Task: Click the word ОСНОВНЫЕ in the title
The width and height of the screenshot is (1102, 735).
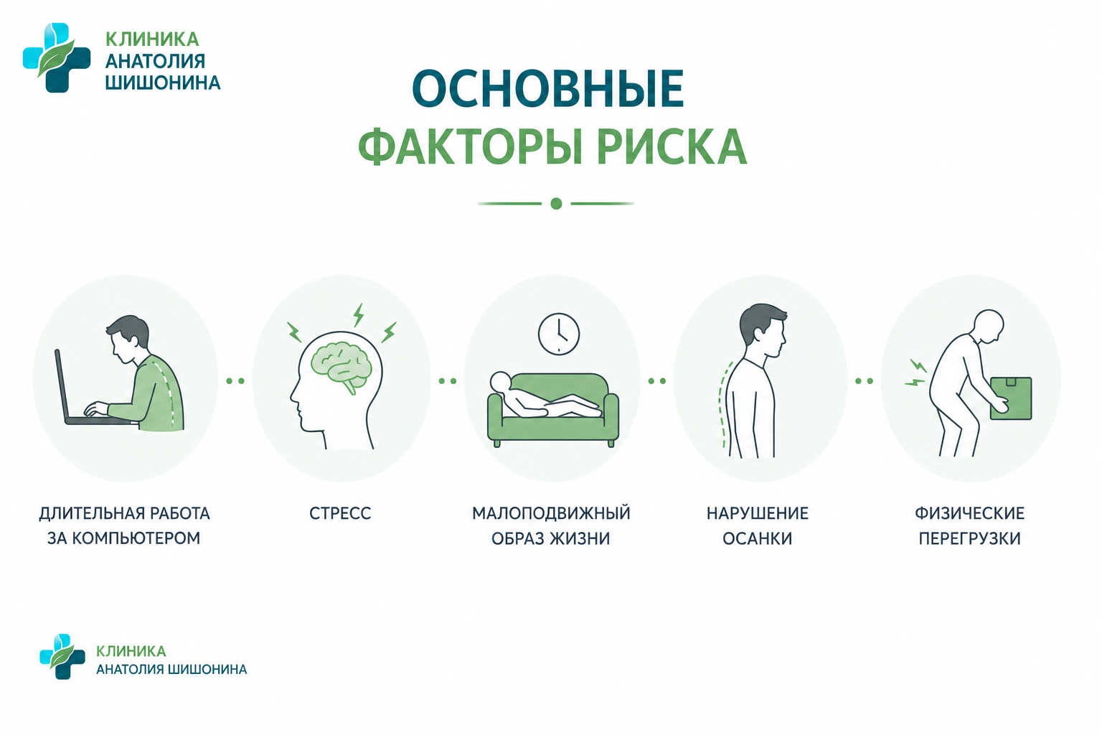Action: pos(548,88)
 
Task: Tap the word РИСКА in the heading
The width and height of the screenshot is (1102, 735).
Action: pos(672,146)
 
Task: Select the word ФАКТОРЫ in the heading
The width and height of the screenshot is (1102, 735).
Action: pos(471,146)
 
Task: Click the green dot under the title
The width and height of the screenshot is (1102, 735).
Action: pos(556,203)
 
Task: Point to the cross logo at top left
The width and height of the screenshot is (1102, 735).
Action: pos(57,57)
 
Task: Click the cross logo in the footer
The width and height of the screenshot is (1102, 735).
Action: pos(62,656)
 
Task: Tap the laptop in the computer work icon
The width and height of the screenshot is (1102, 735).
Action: pos(91,391)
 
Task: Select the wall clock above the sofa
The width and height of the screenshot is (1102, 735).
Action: pos(558,334)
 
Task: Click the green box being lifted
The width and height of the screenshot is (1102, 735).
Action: pos(1010,398)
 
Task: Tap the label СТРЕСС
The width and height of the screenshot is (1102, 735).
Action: pos(340,513)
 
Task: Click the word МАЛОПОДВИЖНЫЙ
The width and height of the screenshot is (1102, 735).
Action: pos(551,513)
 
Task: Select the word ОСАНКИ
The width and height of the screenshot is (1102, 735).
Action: pos(757,538)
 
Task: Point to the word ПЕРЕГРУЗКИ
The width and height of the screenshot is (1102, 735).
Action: pos(970,538)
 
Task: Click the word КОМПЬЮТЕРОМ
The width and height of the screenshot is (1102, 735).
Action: pos(136,538)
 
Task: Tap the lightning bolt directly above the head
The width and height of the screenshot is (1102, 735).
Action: pos(359,315)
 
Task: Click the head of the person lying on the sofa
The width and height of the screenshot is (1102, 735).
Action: pos(500,382)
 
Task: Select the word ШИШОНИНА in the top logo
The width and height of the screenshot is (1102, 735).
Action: pos(163,83)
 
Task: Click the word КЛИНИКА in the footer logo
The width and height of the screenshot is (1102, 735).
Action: pos(131,651)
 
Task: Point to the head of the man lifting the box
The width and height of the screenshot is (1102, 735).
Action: pos(989,326)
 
